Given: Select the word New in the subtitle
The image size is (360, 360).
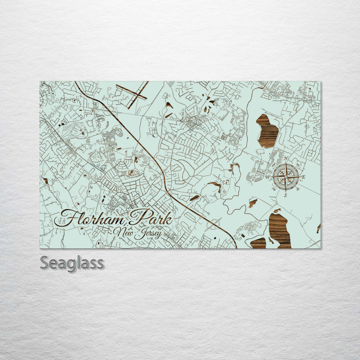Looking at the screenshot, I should coord(122,231).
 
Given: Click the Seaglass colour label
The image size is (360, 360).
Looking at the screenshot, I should coord(72,263).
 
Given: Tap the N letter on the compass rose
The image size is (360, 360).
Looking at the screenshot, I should coord(286,158).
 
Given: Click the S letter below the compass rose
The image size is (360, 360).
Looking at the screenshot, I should coord(286,195).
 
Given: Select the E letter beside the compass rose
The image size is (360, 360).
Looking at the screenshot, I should coord(303,177).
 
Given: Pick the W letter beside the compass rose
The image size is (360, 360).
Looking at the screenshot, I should coord(267,177).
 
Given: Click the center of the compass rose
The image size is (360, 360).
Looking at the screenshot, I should coord(286,177).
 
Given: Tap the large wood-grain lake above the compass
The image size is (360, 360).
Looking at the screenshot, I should coord(267,131).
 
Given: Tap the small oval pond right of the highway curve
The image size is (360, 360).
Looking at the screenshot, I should coord(194,198).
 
